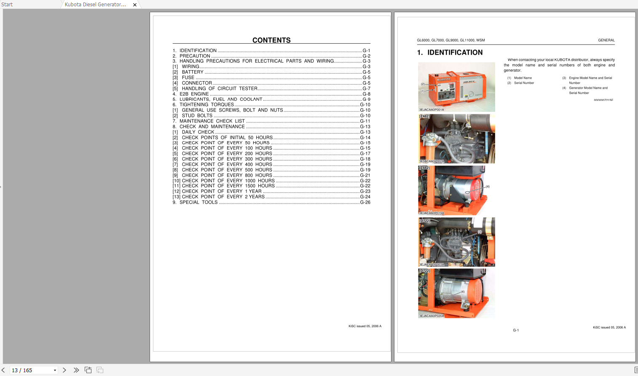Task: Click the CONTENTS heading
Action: [271, 40]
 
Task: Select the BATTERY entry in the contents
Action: [193, 72]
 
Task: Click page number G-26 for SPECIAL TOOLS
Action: [365, 202]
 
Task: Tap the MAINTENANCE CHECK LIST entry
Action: [212, 121]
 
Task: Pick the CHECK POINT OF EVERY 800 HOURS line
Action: [227, 175]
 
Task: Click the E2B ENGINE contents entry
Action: [194, 94]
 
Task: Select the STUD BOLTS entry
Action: [197, 116]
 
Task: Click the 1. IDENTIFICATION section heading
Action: [450, 53]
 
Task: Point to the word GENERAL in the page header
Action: [606, 40]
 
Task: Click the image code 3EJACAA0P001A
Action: [431, 110]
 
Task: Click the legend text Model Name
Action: [523, 78]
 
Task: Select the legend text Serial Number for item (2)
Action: [524, 83]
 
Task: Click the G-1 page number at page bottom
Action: [516, 330]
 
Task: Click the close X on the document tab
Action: [135, 5]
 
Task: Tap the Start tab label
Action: [7, 5]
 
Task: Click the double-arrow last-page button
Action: [76, 370]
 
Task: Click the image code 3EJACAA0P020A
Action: [431, 316]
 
